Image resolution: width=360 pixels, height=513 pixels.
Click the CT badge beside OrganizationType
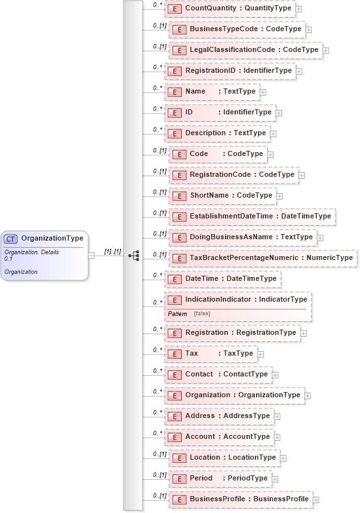[12, 238]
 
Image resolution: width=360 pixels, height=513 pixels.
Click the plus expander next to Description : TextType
[275, 133]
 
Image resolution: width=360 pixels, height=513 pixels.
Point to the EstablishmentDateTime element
[252, 216]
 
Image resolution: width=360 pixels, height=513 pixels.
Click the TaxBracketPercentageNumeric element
[263, 257]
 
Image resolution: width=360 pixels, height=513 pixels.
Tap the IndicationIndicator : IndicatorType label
[246, 299]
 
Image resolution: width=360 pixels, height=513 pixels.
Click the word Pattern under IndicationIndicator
[177, 313]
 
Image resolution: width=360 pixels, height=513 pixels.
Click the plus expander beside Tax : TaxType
[261, 354]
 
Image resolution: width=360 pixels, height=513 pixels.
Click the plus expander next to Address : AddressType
[277, 417]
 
